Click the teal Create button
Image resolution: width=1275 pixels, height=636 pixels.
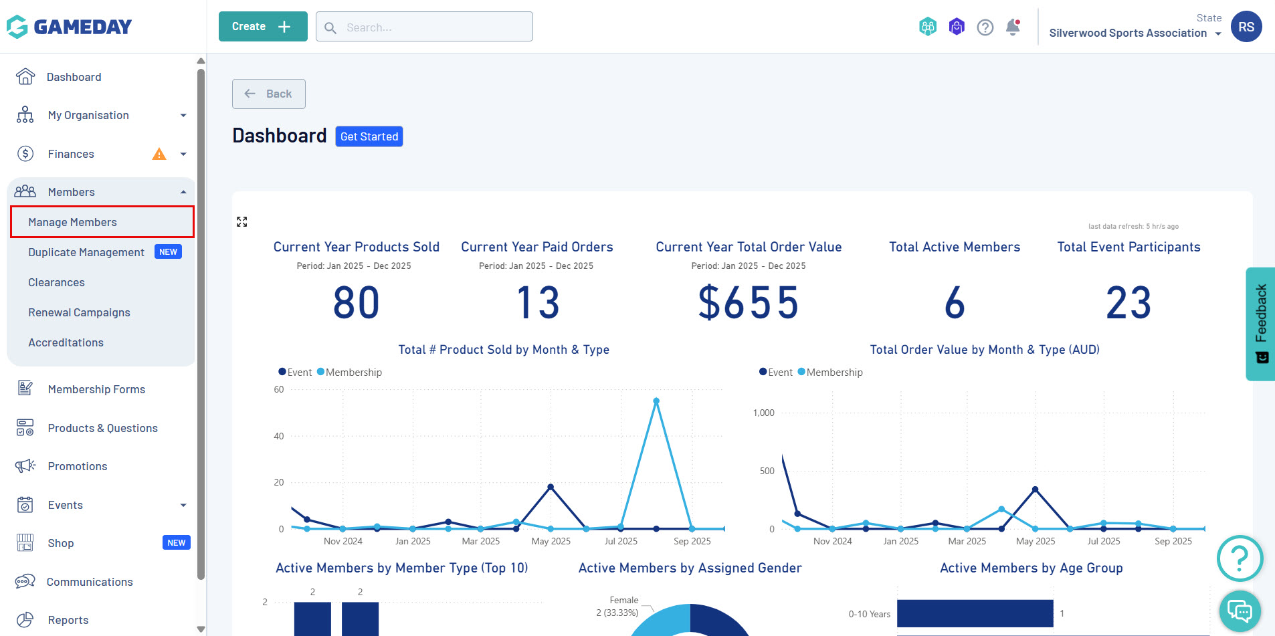coord(262,27)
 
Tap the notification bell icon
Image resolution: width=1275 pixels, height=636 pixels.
coord(1013,27)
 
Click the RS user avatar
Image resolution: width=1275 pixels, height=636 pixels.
coord(1246,27)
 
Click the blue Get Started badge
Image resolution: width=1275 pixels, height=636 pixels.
coord(369,136)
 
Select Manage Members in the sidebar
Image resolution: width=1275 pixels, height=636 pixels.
coord(72,222)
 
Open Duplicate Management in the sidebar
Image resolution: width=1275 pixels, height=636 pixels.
coord(86,252)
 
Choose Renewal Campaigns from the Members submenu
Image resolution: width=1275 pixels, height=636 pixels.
coord(79,312)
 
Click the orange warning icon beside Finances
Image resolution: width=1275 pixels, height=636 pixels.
coord(159,154)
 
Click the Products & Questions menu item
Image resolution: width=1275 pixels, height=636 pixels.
coord(102,428)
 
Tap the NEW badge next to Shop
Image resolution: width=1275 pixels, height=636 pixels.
coord(176,543)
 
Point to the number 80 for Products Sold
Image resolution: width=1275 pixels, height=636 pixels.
coord(356,302)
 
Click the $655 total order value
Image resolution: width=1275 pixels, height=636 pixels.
coord(748,302)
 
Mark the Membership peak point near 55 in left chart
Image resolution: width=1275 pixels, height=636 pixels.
coord(656,401)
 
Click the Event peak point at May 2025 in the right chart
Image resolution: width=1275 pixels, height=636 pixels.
coord(1035,490)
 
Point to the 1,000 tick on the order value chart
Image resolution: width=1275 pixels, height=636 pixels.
coord(763,413)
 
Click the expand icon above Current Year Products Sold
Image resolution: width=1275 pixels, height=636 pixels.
coord(242,222)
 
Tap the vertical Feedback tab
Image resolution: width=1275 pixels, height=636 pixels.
coord(1261,324)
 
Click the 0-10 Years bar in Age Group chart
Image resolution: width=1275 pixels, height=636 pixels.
coord(975,613)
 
